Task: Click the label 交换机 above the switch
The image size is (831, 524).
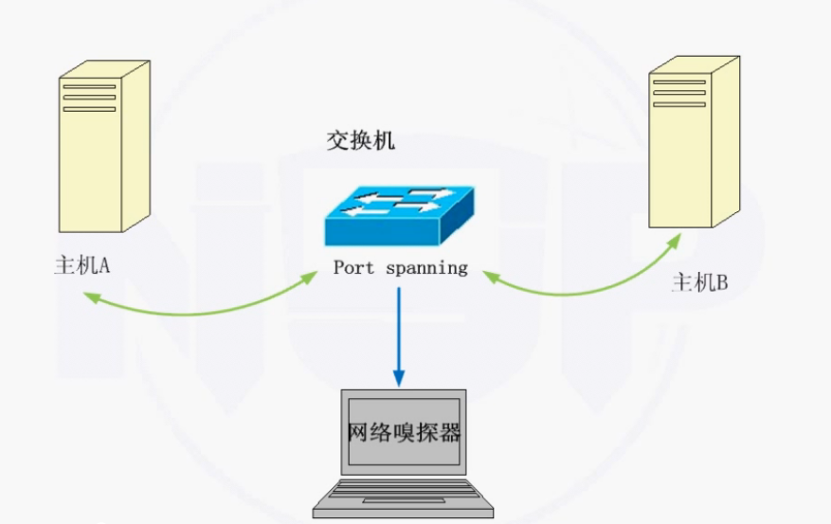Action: tap(361, 142)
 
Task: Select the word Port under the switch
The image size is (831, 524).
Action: tap(354, 267)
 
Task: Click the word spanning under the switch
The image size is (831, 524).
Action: tap(426, 268)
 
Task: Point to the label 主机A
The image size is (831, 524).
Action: tap(82, 264)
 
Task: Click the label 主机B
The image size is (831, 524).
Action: tap(699, 282)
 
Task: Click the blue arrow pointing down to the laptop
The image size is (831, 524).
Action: tap(398, 332)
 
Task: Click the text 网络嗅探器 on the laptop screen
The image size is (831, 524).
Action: tap(404, 434)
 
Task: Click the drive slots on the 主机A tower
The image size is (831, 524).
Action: tap(89, 98)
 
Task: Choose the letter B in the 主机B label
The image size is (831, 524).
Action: tap(722, 282)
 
